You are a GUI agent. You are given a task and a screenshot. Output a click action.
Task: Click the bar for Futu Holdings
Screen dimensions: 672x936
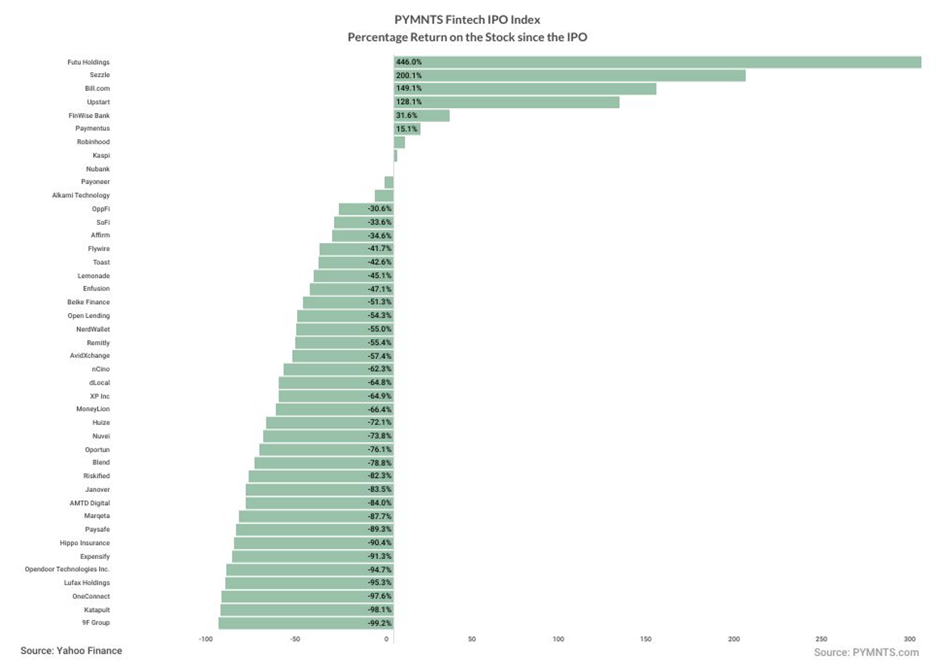coord(656,62)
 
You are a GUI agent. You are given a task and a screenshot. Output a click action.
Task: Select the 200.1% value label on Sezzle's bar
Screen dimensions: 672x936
coord(408,76)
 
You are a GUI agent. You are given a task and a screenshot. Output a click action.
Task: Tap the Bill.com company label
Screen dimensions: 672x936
coord(97,88)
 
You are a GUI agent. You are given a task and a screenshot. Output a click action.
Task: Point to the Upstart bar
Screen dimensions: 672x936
coord(506,102)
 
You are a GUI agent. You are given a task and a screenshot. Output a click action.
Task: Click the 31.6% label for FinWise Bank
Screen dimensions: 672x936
coord(406,116)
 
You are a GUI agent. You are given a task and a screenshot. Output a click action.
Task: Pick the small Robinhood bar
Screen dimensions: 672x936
coord(399,143)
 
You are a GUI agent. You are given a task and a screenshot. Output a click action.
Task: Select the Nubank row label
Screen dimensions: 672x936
coord(98,169)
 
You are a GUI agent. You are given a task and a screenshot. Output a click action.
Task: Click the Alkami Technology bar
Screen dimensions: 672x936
coord(384,195)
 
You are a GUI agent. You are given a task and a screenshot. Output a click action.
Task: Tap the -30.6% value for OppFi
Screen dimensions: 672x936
coord(380,209)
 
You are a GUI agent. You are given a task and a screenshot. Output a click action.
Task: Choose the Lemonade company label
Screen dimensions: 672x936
coord(93,276)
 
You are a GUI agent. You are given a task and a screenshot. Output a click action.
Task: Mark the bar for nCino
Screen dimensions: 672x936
coord(338,369)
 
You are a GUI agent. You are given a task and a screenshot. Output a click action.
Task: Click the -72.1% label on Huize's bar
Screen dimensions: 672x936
coord(380,422)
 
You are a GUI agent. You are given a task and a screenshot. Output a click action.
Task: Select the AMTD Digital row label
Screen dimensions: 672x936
coord(90,503)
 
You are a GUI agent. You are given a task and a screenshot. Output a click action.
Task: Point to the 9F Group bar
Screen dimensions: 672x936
coord(306,623)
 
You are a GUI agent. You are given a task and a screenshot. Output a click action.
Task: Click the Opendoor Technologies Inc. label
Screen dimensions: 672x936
coord(67,570)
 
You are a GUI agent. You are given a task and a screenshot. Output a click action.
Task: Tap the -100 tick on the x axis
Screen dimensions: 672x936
coord(206,639)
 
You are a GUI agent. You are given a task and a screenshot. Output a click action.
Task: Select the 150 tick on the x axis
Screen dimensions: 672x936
coord(645,639)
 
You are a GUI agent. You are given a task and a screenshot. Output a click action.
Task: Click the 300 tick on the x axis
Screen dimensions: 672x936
coord(909,639)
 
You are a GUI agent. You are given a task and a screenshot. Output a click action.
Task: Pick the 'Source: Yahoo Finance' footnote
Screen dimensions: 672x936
coord(71,651)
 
